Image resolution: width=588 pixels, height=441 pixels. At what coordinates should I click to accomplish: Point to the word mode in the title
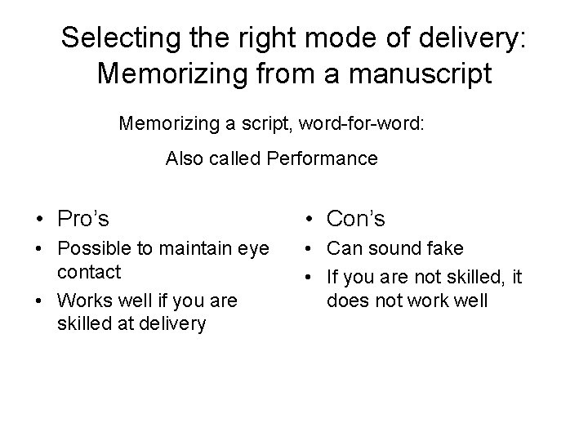coord(336,37)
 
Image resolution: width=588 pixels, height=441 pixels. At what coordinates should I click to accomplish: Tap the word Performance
coord(322,158)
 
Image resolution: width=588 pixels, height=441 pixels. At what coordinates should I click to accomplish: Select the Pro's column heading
coord(83,218)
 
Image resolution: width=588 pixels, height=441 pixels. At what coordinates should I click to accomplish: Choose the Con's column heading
coord(355,218)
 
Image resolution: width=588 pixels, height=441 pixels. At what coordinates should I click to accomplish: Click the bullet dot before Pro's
coord(39,219)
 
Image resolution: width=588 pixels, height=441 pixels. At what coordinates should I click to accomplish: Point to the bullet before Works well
coord(39,301)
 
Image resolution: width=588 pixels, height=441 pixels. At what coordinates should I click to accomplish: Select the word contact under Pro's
coord(88,270)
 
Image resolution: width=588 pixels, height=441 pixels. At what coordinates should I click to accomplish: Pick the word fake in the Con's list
coord(446,248)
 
